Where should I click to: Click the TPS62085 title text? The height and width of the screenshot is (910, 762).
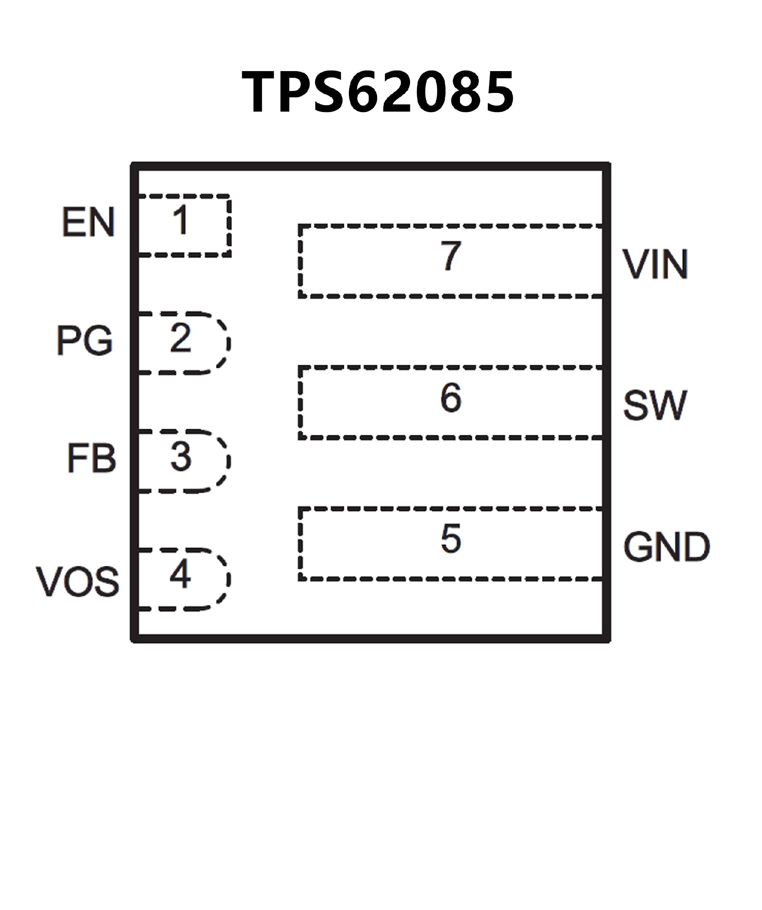pos(377,92)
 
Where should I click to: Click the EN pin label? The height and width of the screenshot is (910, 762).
pos(89,222)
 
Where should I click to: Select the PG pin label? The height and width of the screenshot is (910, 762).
pos(85,340)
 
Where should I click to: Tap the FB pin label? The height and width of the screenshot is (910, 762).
pos(92,458)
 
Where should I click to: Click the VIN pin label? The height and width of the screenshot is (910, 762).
pos(655,264)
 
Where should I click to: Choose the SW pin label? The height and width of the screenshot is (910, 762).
pos(654,405)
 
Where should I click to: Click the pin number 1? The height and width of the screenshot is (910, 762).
pos(181,220)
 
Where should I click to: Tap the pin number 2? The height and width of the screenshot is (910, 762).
pos(181,338)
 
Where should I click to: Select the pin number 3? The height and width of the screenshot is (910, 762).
pos(181,457)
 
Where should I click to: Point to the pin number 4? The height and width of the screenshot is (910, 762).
pos(181,575)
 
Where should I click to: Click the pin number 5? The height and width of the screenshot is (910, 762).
pos(451,539)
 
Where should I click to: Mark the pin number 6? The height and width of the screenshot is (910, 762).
pos(451,397)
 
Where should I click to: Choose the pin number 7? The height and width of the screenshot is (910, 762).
pos(451,256)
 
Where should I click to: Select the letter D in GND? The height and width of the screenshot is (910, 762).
pos(695,547)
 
